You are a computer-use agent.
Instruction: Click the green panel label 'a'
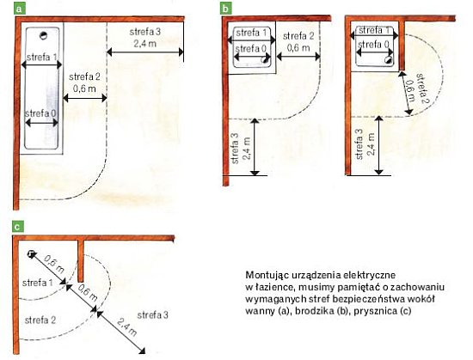19,9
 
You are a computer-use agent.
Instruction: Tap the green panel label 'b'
225,9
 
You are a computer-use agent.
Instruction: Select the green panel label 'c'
17,227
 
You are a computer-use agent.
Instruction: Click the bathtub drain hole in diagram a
44,35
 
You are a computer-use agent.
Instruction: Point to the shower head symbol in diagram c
30,254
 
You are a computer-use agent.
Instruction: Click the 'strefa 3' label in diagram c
152,315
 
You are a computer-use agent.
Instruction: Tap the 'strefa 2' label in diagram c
40,320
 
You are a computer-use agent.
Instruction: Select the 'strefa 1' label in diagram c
38,283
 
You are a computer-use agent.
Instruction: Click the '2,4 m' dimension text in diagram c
127,327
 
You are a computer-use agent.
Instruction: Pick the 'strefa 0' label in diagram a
40,113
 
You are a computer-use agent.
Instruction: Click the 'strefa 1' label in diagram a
42,57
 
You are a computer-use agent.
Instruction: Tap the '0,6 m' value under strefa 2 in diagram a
84,88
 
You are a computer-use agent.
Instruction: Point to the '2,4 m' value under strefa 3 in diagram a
145,43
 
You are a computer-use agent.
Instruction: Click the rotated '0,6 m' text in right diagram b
409,90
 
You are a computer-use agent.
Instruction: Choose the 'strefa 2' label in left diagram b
298,36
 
